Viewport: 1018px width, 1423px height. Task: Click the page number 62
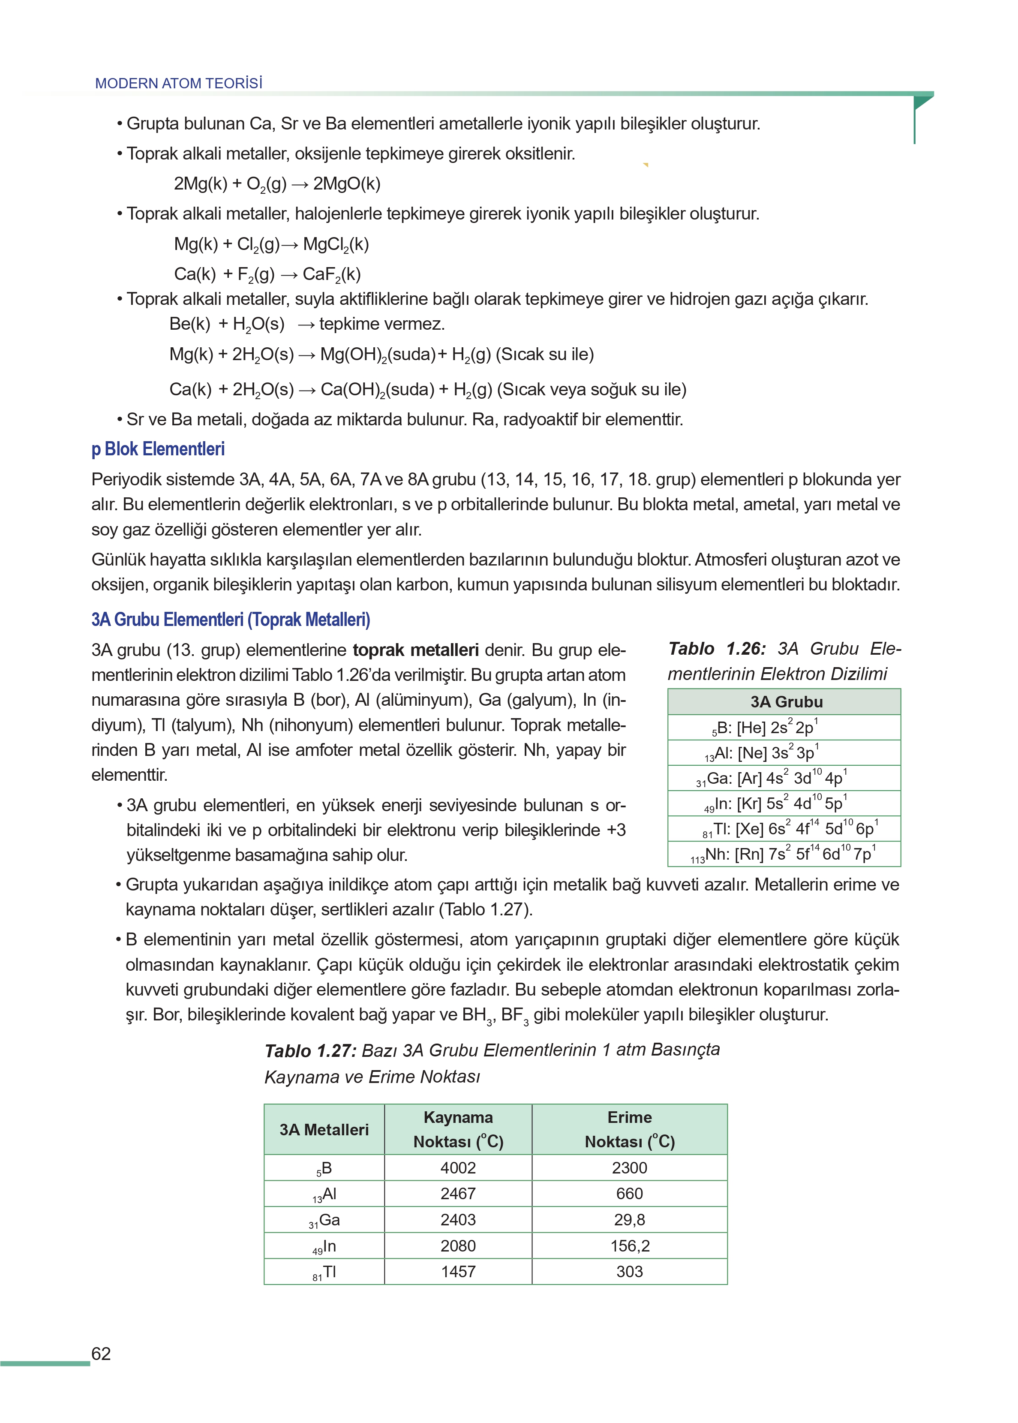pyautogui.click(x=101, y=1354)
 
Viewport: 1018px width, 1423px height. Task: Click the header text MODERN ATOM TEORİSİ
pyautogui.click(x=179, y=83)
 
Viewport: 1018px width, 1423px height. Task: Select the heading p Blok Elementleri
pyautogui.click(x=158, y=449)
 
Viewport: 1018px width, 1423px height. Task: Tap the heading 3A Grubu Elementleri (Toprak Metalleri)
pyautogui.click(x=231, y=620)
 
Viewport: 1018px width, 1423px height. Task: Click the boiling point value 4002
pyautogui.click(x=458, y=1168)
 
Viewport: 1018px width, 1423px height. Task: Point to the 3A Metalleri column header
pyautogui.click(x=324, y=1130)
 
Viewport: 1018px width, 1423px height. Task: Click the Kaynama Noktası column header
pyautogui.click(x=458, y=1130)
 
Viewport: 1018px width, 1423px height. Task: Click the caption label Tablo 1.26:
pyautogui.click(x=717, y=649)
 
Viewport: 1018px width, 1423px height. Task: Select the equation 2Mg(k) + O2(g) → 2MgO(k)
pyautogui.click(x=277, y=184)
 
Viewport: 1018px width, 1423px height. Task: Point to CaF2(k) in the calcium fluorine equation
pyautogui.click(x=331, y=274)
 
